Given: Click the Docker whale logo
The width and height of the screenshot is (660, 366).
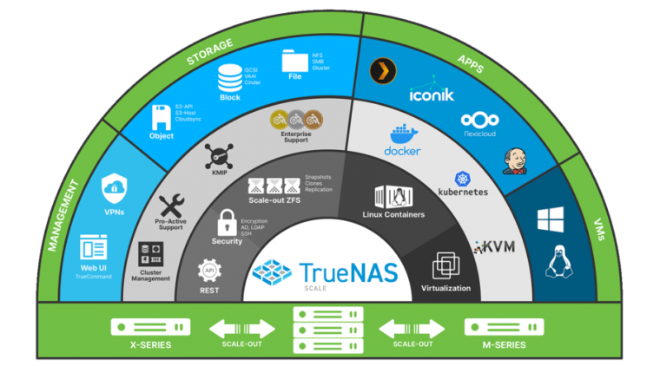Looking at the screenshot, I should [402, 137].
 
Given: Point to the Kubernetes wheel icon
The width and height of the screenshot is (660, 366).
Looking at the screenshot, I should [462, 177].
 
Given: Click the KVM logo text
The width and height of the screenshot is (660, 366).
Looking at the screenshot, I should [495, 247].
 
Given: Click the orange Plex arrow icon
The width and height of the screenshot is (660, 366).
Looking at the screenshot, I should [377, 71].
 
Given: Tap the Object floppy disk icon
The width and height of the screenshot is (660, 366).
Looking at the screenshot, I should [162, 116].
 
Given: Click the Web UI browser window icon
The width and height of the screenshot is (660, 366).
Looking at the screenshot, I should [94, 246].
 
